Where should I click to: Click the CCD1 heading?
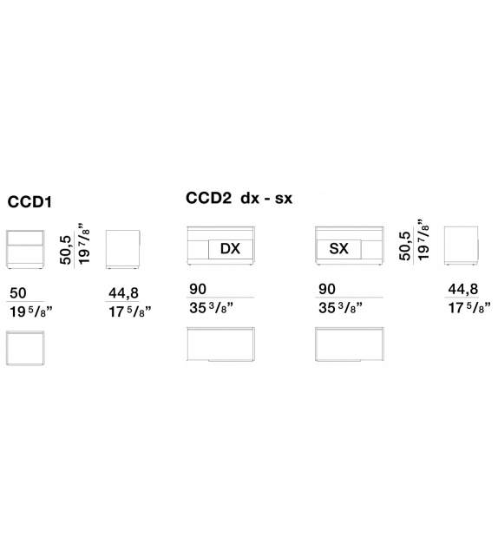[29, 202]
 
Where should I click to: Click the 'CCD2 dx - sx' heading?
[239, 198]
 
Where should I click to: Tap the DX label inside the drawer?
[230, 249]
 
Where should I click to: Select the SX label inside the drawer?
[339, 249]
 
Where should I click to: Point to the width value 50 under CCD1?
[17, 293]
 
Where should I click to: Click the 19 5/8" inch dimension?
[30, 311]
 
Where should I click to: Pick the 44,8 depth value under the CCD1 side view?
[123, 293]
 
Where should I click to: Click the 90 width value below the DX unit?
[198, 289]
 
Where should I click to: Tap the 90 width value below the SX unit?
[327, 289]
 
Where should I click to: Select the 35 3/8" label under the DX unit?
[211, 308]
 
